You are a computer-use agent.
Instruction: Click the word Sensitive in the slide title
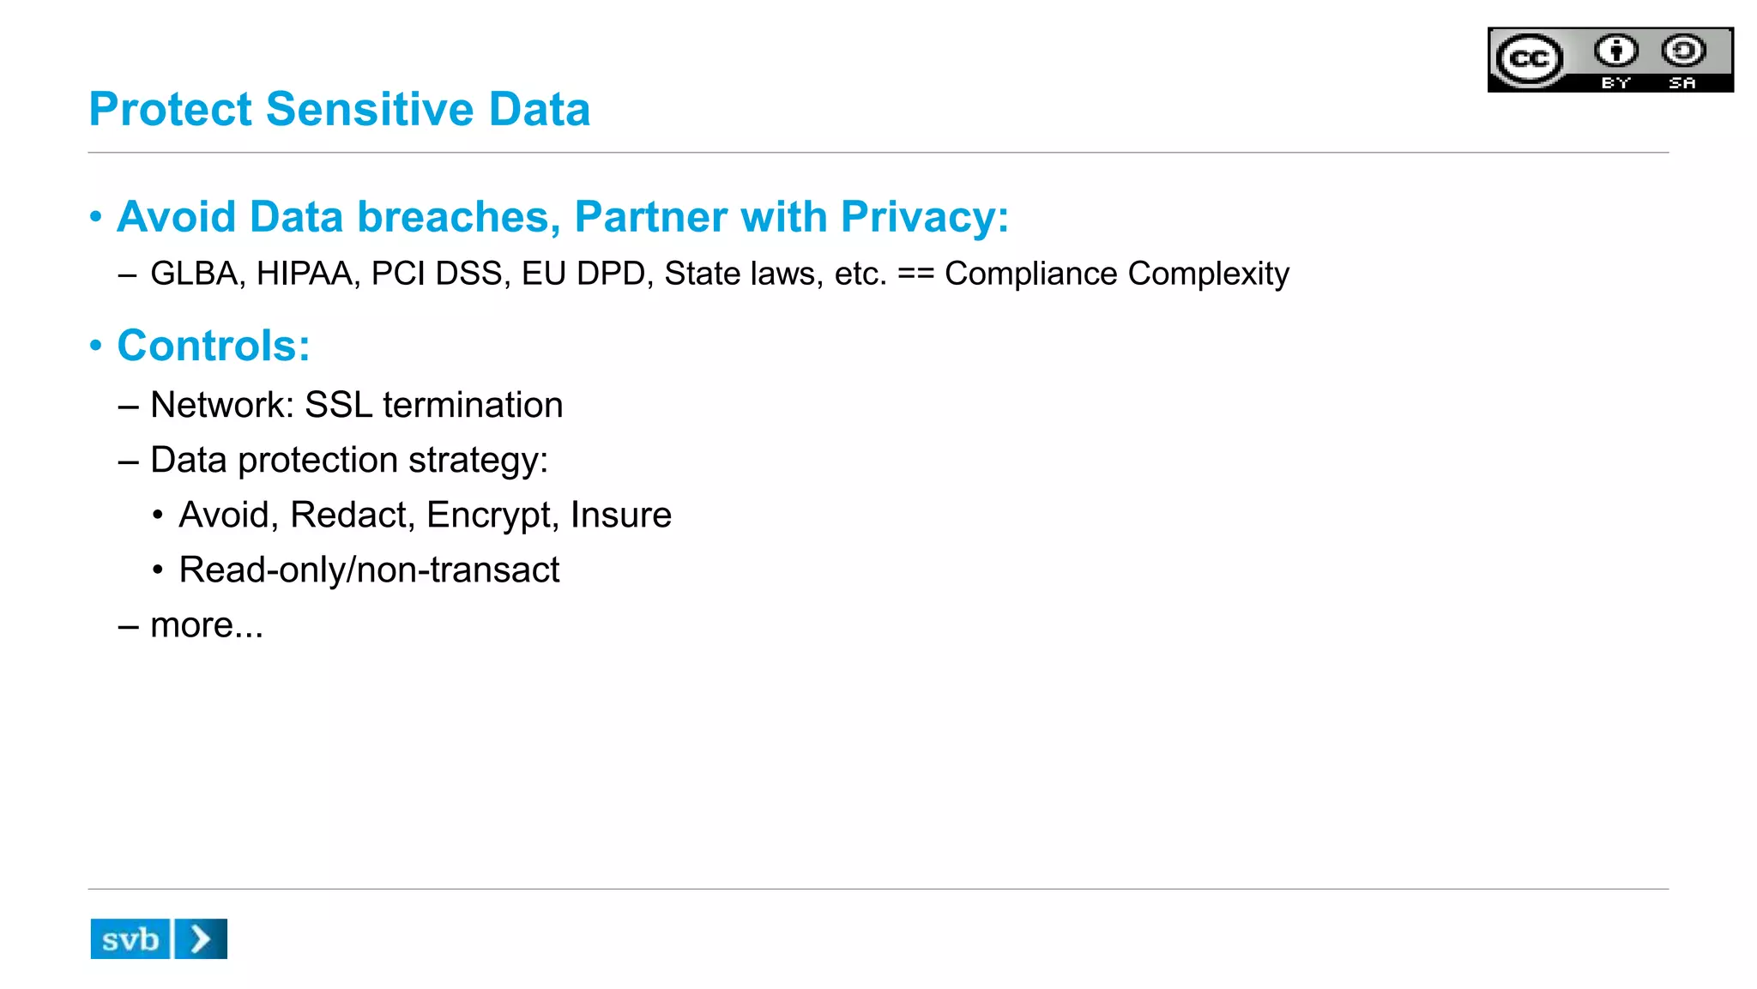click(369, 110)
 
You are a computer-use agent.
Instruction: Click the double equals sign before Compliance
click(915, 274)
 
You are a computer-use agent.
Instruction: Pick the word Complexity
click(1208, 274)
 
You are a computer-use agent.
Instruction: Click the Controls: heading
click(214, 346)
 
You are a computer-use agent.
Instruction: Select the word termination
click(473, 405)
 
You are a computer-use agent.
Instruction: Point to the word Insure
click(621, 516)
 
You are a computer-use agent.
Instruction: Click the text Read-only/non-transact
click(369, 570)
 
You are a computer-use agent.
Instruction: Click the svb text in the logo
click(130, 940)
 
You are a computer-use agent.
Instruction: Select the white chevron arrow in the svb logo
click(201, 939)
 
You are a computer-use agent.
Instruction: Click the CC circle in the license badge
click(1529, 59)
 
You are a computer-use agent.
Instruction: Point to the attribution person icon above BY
click(1615, 51)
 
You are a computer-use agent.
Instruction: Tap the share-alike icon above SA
click(1683, 51)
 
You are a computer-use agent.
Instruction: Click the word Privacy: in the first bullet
click(924, 217)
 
